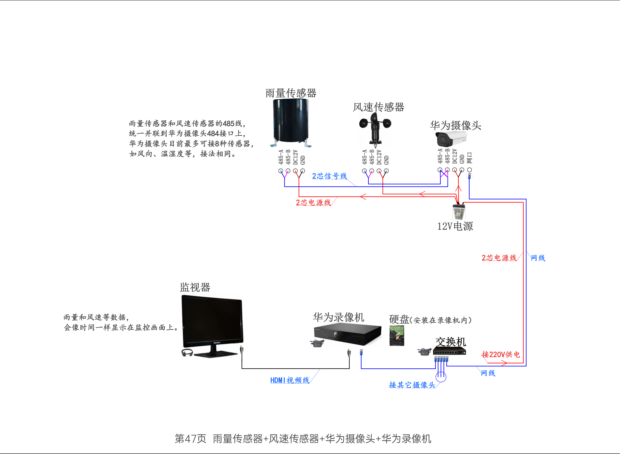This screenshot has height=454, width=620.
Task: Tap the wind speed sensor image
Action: [x=375, y=129]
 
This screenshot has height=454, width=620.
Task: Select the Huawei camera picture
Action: [x=451, y=139]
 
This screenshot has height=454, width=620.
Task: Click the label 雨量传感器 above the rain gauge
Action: [x=291, y=93]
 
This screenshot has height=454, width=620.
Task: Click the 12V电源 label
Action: [x=455, y=226]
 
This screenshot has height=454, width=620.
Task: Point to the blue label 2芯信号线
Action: [x=329, y=176]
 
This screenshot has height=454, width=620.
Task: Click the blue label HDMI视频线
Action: [x=290, y=380]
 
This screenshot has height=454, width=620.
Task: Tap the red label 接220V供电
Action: [x=501, y=354]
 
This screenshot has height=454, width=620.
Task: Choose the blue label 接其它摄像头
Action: [x=412, y=385]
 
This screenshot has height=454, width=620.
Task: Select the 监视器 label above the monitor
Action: [x=195, y=287]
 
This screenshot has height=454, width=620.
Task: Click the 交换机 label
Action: [x=451, y=342]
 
